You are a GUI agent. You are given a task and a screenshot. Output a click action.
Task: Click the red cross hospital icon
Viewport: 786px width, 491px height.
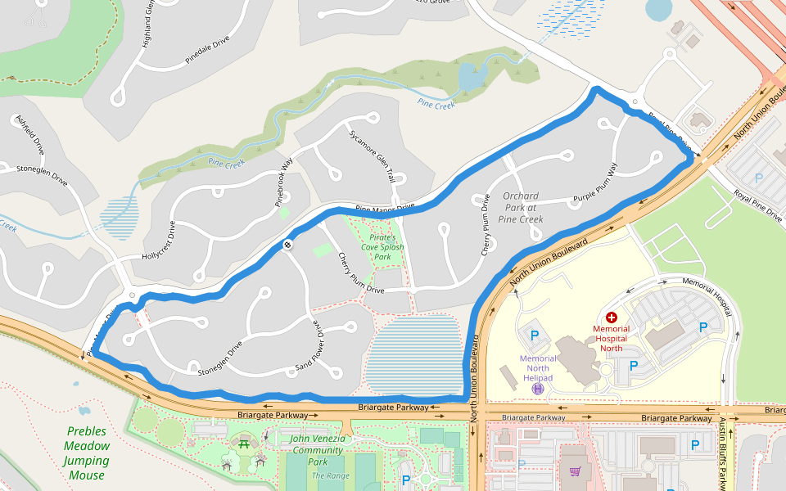[x=611, y=317]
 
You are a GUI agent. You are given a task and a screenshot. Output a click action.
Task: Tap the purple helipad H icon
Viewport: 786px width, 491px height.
[x=537, y=389]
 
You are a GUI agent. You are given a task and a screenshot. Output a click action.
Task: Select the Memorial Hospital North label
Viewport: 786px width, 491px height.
[x=611, y=338]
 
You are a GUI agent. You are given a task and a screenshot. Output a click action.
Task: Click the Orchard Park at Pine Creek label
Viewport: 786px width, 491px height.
[x=521, y=208]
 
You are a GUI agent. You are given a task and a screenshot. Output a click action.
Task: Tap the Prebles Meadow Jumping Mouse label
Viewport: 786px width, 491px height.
[x=87, y=453]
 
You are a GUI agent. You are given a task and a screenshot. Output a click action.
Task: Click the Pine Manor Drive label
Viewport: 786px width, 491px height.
[x=385, y=209]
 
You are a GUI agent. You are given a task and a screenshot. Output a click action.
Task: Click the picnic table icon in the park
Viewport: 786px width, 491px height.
[x=244, y=444]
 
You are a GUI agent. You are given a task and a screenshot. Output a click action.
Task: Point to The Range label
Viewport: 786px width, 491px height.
[x=331, y=475]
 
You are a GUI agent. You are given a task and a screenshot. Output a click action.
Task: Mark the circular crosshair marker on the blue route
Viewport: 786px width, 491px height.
[x=288, y=245]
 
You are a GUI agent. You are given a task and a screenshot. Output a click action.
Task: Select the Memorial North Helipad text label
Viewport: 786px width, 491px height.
[x=537, y=367]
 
